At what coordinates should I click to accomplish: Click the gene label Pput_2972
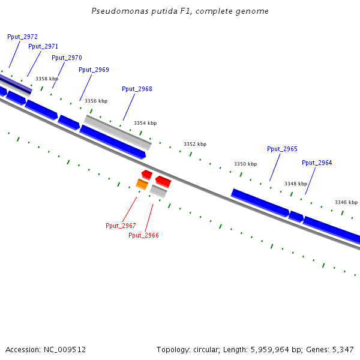(x=22, y=37)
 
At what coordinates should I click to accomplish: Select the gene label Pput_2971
(x=43, y=46)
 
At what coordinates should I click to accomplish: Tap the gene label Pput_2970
(x=67, y=58)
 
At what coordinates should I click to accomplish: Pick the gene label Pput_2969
(x=94, y=70)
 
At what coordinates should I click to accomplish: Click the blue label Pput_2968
(x=137, y=89)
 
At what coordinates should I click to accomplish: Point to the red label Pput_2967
(x=121, y=226)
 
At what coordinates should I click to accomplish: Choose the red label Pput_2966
(x=143, y=235)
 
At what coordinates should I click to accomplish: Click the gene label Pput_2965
(x=282, y=149)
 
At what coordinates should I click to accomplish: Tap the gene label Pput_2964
(x=317, y=163)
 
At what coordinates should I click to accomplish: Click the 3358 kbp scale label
(x=47, y=79)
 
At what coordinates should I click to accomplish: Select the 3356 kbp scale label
(x=96, y=101)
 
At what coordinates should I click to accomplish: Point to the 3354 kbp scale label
(x=145, y=123)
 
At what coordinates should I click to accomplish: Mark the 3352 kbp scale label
(x=195, y=144)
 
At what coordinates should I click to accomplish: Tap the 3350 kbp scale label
(x=245, y=164)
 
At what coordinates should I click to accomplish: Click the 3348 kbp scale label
(x=296, y=184)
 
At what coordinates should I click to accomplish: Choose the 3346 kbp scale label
(x=346, y=203)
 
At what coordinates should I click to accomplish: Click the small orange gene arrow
(x=142, y=184)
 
